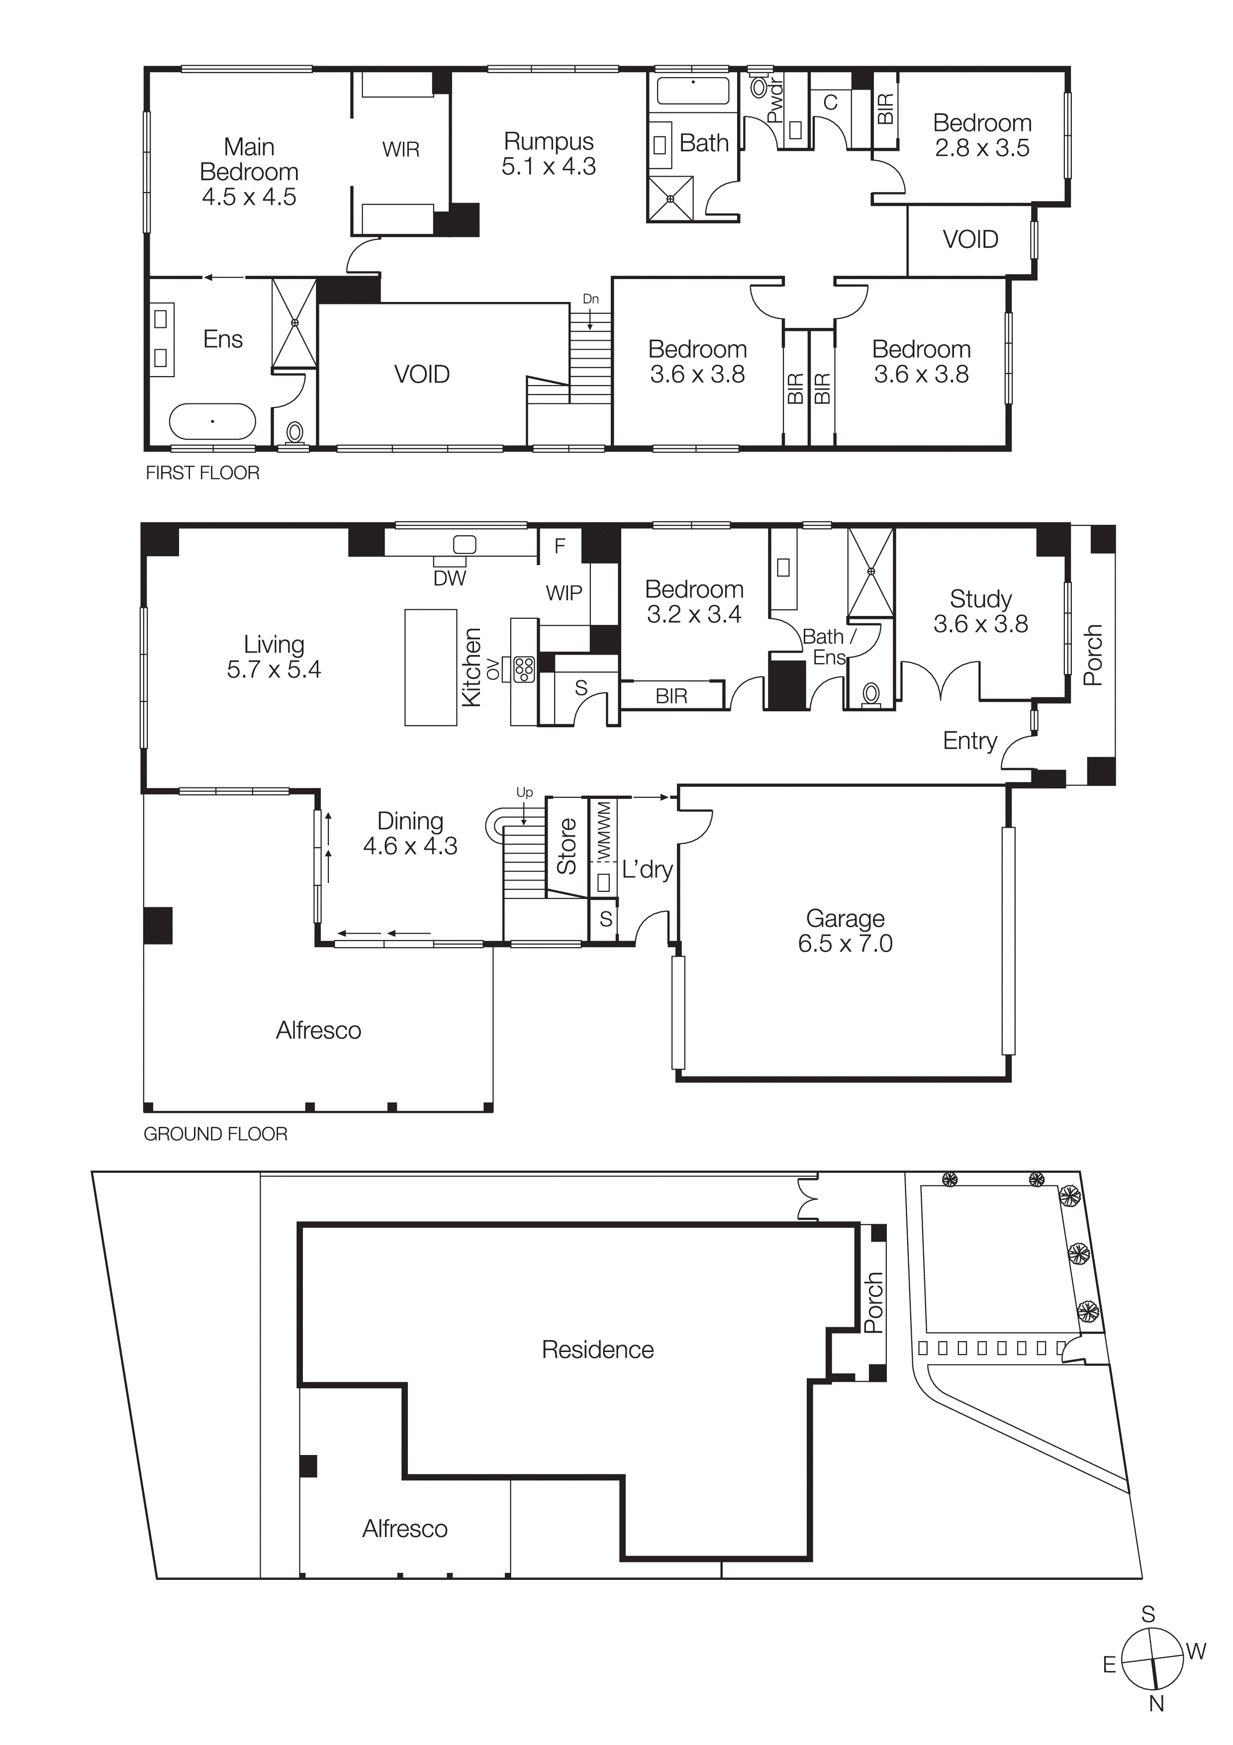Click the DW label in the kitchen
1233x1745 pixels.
tap(449, 579)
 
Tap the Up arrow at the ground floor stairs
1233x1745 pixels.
tap(524, 793)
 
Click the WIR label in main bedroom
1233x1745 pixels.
tap(400, 150)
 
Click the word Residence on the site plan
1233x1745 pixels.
tap(597, 1350)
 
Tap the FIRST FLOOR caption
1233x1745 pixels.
tap(202, 473)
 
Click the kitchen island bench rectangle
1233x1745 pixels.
tap(431, 667)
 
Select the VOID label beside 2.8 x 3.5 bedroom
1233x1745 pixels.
tap(970, 239)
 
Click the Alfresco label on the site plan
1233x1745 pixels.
tap(404, 1529)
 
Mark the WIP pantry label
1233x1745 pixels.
tap(564, 593)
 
